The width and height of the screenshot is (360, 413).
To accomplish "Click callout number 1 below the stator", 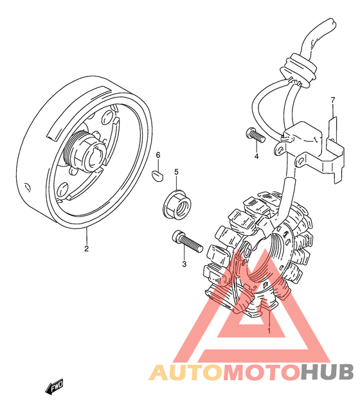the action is (269, 330).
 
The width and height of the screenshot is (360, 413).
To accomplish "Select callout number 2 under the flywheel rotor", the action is (86, 249).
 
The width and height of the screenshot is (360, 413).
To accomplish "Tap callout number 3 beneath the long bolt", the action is (184, 264).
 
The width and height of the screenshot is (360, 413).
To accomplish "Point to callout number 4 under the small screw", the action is (256, 156).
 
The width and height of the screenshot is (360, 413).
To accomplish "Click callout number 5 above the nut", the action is (176, 172).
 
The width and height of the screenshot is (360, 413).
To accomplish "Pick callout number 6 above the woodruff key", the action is (158, 155).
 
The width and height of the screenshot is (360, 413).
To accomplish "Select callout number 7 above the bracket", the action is (333, 100).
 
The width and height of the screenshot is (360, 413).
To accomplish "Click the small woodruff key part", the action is (157, 176).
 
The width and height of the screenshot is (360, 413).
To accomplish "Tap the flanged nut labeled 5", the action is (177, 204).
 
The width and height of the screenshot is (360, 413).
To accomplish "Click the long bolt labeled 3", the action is (187, 242).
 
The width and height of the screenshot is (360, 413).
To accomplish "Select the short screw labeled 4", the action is (255, 135).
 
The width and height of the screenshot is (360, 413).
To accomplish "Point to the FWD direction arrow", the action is (55, 387).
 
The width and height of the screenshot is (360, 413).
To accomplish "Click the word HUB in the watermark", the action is (327, 372).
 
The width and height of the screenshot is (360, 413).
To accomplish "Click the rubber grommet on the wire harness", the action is (298, 70).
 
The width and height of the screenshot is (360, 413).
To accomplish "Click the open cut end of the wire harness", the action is (333, 22).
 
